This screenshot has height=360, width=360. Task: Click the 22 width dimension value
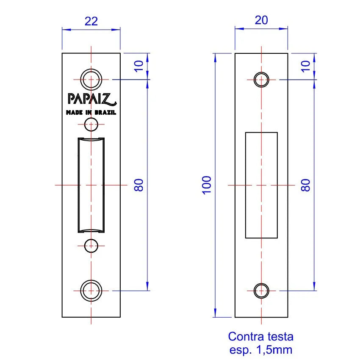(91, 21)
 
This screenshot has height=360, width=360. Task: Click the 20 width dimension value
(261, 20)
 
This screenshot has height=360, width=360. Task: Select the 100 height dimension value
(206, 185)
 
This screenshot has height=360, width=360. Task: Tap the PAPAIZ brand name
(91, 98)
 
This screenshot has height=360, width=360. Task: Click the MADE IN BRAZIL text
(91, 113)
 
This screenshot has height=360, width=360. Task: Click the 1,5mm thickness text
(274, 350)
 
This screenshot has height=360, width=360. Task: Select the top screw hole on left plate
(91, 79)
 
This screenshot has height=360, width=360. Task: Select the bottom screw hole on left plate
(91, 291)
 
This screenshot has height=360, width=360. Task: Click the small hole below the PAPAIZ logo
(91, 125)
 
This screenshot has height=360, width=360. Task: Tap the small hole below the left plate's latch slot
(91, 246)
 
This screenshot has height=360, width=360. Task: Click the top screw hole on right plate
(261, 79)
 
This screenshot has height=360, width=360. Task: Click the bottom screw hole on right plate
(261, 291)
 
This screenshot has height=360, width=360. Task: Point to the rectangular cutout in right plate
(261, 185)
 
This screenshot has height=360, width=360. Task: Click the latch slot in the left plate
(91, 185)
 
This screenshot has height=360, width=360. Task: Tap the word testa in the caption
(278, 337)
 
